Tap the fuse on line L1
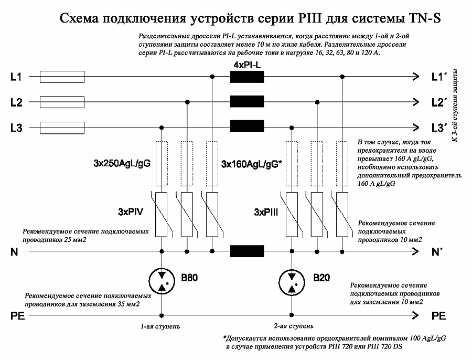coord(61,77)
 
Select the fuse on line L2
coord(61,102)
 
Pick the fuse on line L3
coord(61,126)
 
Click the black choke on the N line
coord(248,251)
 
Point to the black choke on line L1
coord(248,77)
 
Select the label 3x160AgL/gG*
coord(251,164)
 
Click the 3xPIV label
coord(131,212)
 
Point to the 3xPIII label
coord(266,212)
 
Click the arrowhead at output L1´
coord(416,77)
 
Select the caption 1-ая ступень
coord(160,326)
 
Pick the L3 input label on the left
coord(16,127)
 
